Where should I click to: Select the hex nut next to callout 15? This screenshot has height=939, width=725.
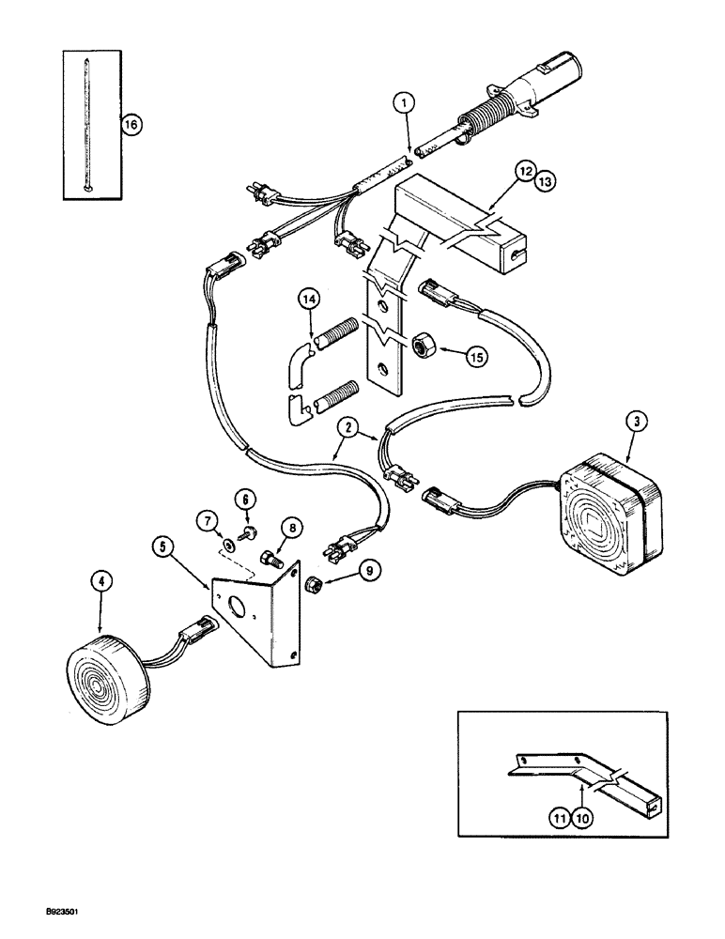pyautogui.click(x=422, y=347)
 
